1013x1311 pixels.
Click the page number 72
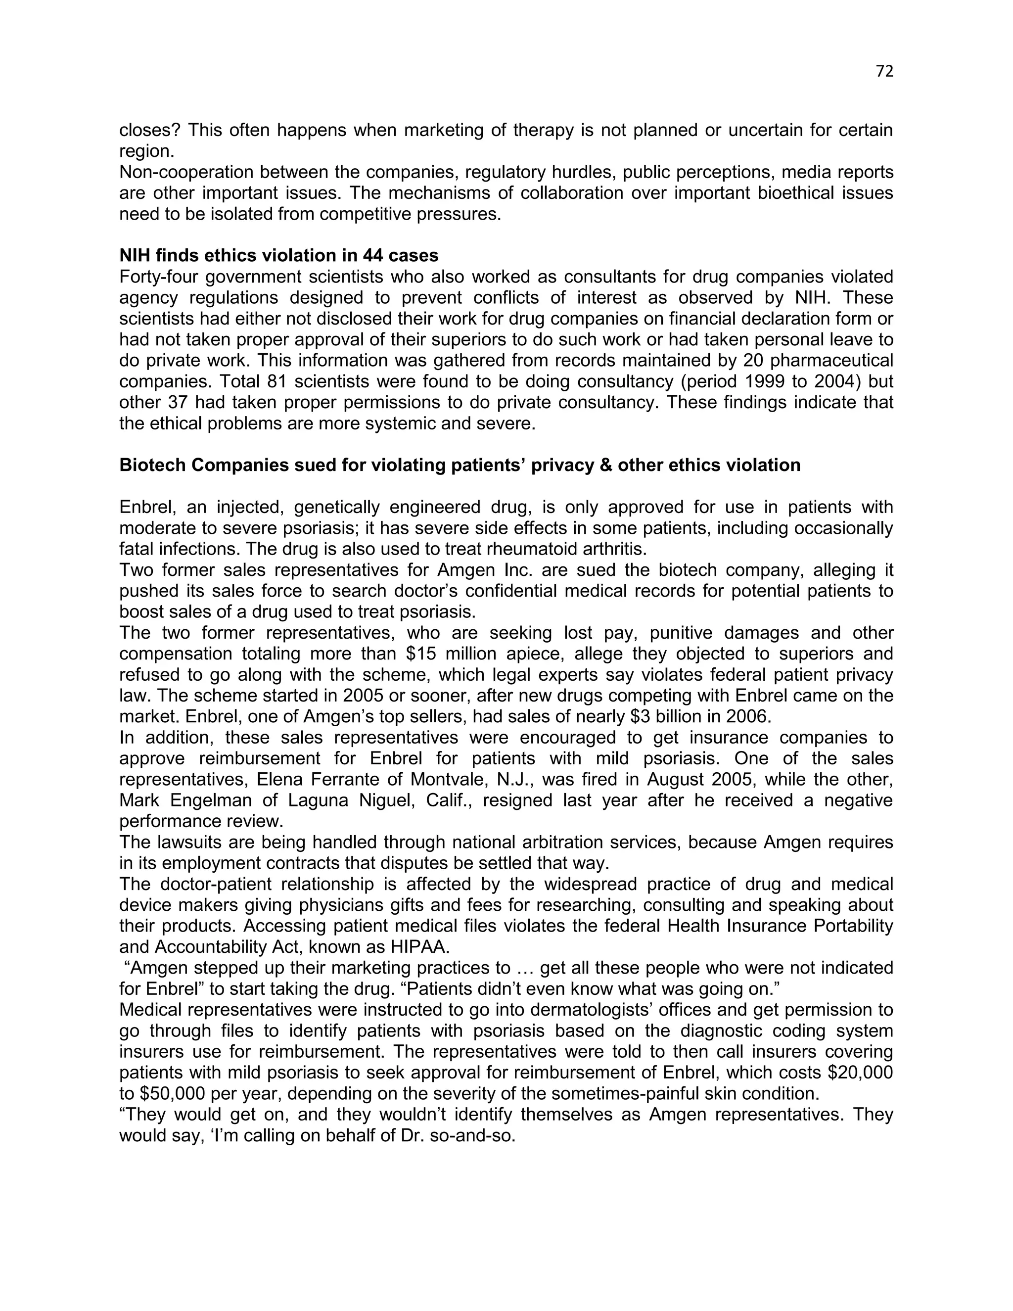tap(884, 71)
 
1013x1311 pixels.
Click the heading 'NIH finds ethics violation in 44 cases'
tap(278, 256)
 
